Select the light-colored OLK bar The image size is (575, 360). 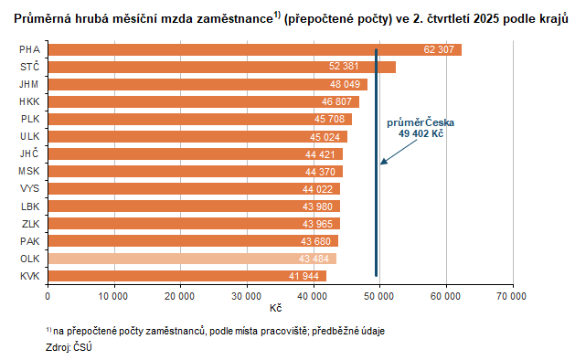click(x=192, y=259)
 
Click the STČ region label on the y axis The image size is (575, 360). click(x=28, y=68)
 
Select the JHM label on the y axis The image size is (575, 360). click(x=28, y=85)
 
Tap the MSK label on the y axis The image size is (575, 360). click(x=28, y=172)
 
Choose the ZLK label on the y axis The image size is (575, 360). click(x=28, y=224)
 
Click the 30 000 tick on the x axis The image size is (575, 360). click(x=247, y=295)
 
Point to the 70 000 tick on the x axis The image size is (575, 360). click(x=512, y=295)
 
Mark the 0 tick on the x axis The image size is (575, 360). click(x=48, y=295)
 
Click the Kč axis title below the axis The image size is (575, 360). click(x=275, y=308)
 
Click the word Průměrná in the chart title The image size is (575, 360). click(x=44, y=18)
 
